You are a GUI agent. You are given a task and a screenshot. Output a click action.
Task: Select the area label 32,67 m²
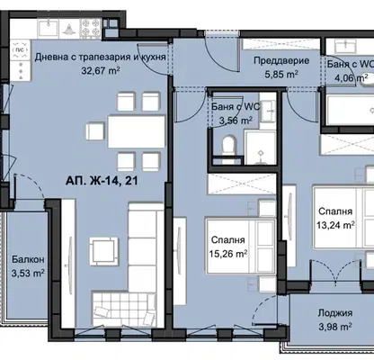pyautogui.click(x=101, y=70)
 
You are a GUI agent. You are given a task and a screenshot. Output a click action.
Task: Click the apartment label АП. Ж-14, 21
pyautogui.click(x=102, y=181)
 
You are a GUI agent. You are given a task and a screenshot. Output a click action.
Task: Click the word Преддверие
pyautogui.click(x=281, y=60)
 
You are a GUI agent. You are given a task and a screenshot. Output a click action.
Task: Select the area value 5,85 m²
pyautogui.click(x=281, y=74)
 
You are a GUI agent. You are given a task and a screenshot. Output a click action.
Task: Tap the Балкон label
pyautogui.click(x=28, y=259)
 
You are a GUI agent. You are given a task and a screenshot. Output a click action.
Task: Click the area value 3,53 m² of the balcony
pyautogui.click(x=28, y=273)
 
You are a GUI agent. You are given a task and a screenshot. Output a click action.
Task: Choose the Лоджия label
pyautogui.click(x=335, y=313)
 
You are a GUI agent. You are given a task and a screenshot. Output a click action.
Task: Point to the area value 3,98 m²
pyautogui.click(x=335, y=327)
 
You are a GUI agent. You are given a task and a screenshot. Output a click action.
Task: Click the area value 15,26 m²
pyautogui.click(x=228, y=254)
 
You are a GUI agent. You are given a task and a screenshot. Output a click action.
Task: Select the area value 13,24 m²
pyautogui.click(x=335, y=225)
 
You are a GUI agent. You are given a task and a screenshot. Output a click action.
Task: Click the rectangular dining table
pyautogui.click(x=137, y=131)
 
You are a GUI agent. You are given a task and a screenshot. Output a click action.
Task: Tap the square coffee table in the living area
pyautogui.click(x=103, y=251)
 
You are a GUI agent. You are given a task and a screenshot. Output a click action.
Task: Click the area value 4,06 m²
pyautogui.click(x=352, y=77)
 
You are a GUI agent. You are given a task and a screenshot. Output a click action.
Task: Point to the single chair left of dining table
pyautogui.click(x=95, y=131)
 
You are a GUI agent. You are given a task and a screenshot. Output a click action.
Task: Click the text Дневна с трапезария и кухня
pyautogui.click(x=101, y=57)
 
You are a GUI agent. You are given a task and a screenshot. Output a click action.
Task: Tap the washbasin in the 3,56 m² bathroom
pyautogui.click(x=268, y=111)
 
